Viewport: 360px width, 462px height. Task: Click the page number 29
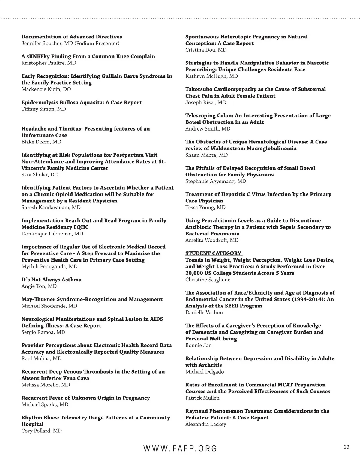346,447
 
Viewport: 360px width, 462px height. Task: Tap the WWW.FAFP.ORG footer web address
180,448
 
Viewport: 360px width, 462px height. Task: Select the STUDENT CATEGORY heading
213,253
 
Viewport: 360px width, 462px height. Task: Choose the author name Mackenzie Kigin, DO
46,89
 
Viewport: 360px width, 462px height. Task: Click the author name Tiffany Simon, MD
44,109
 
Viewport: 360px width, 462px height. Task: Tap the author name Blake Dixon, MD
41,142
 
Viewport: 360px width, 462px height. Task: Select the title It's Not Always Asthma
52,280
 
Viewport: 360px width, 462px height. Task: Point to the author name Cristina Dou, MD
206,50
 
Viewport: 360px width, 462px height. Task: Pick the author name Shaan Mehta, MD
207,155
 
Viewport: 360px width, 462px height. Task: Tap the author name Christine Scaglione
208,280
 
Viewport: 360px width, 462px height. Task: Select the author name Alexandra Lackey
206,424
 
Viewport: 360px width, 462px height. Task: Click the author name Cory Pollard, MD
42,431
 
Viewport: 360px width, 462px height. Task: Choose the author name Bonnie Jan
199,345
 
